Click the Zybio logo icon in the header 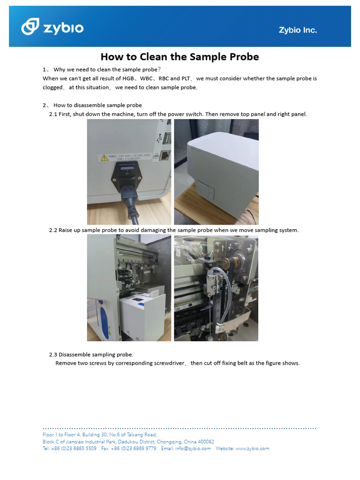31,27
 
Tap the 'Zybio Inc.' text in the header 298,30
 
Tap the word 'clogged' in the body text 52,88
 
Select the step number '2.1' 53,114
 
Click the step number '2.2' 53,230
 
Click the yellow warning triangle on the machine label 105,158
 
